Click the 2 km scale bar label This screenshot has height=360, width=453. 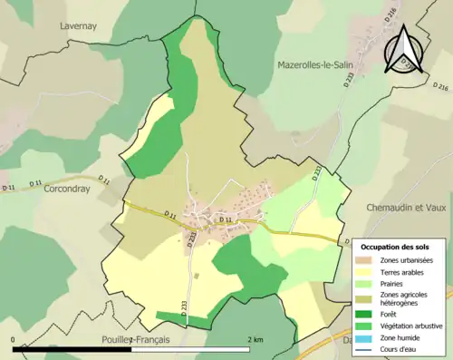(x=256, y=339)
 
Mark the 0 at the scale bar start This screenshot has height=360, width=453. (x=14, y=339)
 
